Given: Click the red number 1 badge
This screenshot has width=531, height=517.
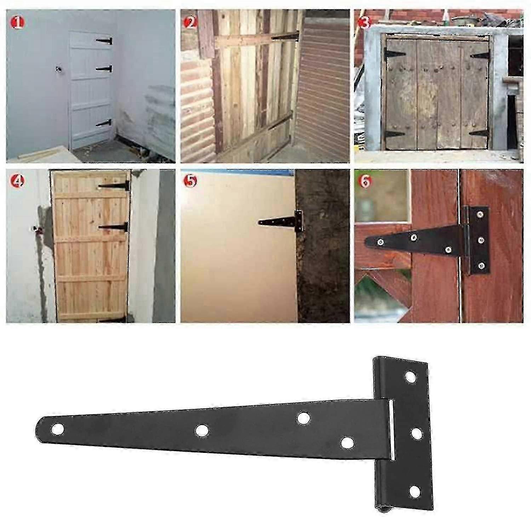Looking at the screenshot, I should coord(17,23).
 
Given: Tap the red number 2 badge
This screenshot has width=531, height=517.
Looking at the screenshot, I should coord(190,23).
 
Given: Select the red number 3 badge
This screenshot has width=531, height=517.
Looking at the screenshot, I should coord(364,23).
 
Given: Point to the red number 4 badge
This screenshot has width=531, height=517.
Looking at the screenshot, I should coord(17,182).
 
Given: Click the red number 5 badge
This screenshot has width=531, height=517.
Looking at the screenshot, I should coord(190,182).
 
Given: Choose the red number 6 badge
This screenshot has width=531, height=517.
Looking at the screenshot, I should coord(364,182).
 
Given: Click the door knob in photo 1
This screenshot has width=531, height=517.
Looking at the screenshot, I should coord(58,69).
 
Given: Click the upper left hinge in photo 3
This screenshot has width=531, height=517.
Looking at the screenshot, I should coord(394,55).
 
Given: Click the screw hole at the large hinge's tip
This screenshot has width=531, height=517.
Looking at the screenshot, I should coord(57,429).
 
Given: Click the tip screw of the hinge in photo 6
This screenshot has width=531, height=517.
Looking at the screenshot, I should coord(380,242).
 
